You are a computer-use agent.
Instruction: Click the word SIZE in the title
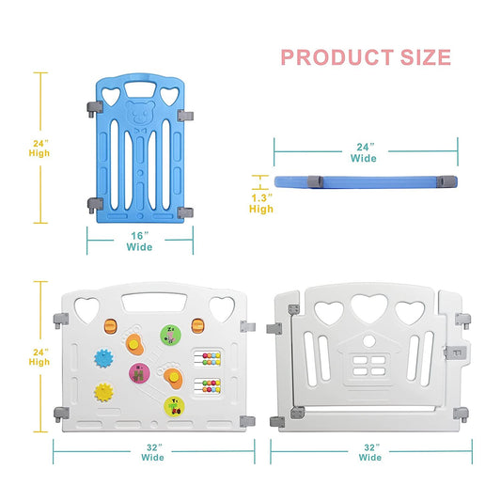point(425,57)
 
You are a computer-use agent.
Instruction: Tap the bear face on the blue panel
point(140,112)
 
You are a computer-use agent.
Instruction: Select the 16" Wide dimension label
point(140,242)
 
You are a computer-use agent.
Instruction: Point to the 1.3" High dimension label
point(261,204)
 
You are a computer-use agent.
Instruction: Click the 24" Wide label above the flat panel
point(364,152)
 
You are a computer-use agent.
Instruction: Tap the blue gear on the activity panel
point(103,358)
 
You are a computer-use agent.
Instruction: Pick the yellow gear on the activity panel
point(103,392)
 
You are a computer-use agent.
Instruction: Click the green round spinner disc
point(171,335)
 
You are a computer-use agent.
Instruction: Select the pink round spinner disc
point(140,373)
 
